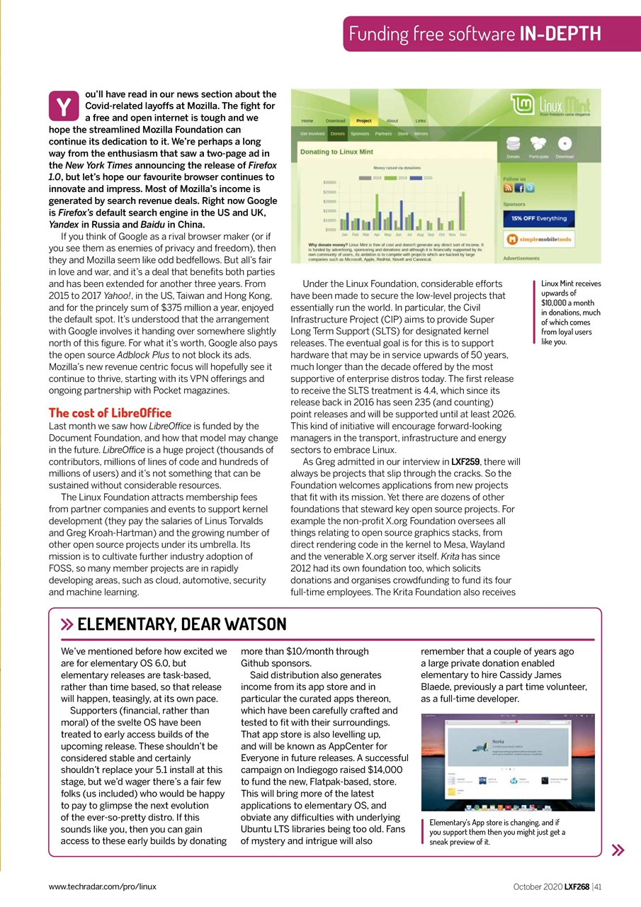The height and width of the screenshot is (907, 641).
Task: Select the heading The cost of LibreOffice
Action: tap(109, 412)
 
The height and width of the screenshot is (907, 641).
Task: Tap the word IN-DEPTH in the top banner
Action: tap(560, 33)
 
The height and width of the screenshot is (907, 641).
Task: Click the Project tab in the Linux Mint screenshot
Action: tap(363, 120)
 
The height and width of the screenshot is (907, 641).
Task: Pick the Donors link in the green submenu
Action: tap(339, 133)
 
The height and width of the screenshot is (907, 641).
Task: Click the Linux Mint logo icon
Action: tap(523, 106)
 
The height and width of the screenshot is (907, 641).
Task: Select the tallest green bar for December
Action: tap(463, 211)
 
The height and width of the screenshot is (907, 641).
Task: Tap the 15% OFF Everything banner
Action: tap(539, 218)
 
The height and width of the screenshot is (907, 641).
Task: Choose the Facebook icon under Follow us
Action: tap(518, 188)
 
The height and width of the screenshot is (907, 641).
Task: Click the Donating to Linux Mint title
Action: tap(337, 152)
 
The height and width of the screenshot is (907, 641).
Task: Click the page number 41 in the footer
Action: tap(598, 886)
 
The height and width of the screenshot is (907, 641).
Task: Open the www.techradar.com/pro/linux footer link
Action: tap(102, 886)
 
